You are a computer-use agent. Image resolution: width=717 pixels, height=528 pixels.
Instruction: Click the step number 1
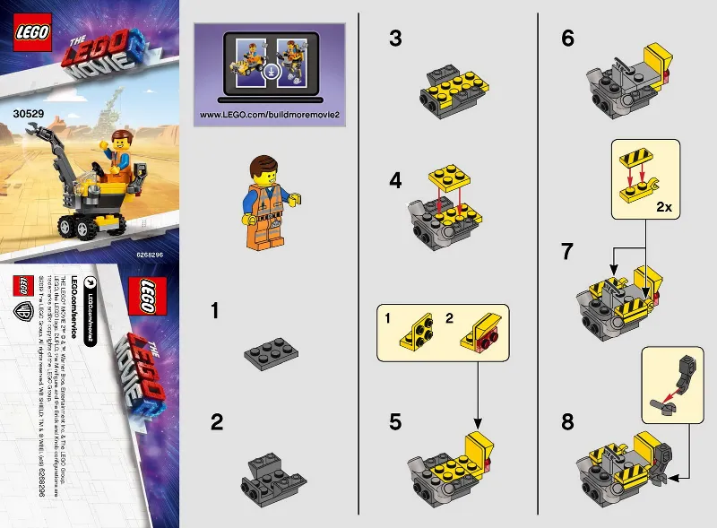[214, 311]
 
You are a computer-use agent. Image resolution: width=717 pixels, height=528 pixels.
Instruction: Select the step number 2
[215, 422]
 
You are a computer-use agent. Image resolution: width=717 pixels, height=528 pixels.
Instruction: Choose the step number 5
[395, 422]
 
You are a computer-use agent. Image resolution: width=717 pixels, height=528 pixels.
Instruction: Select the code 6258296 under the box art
[155, 254]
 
